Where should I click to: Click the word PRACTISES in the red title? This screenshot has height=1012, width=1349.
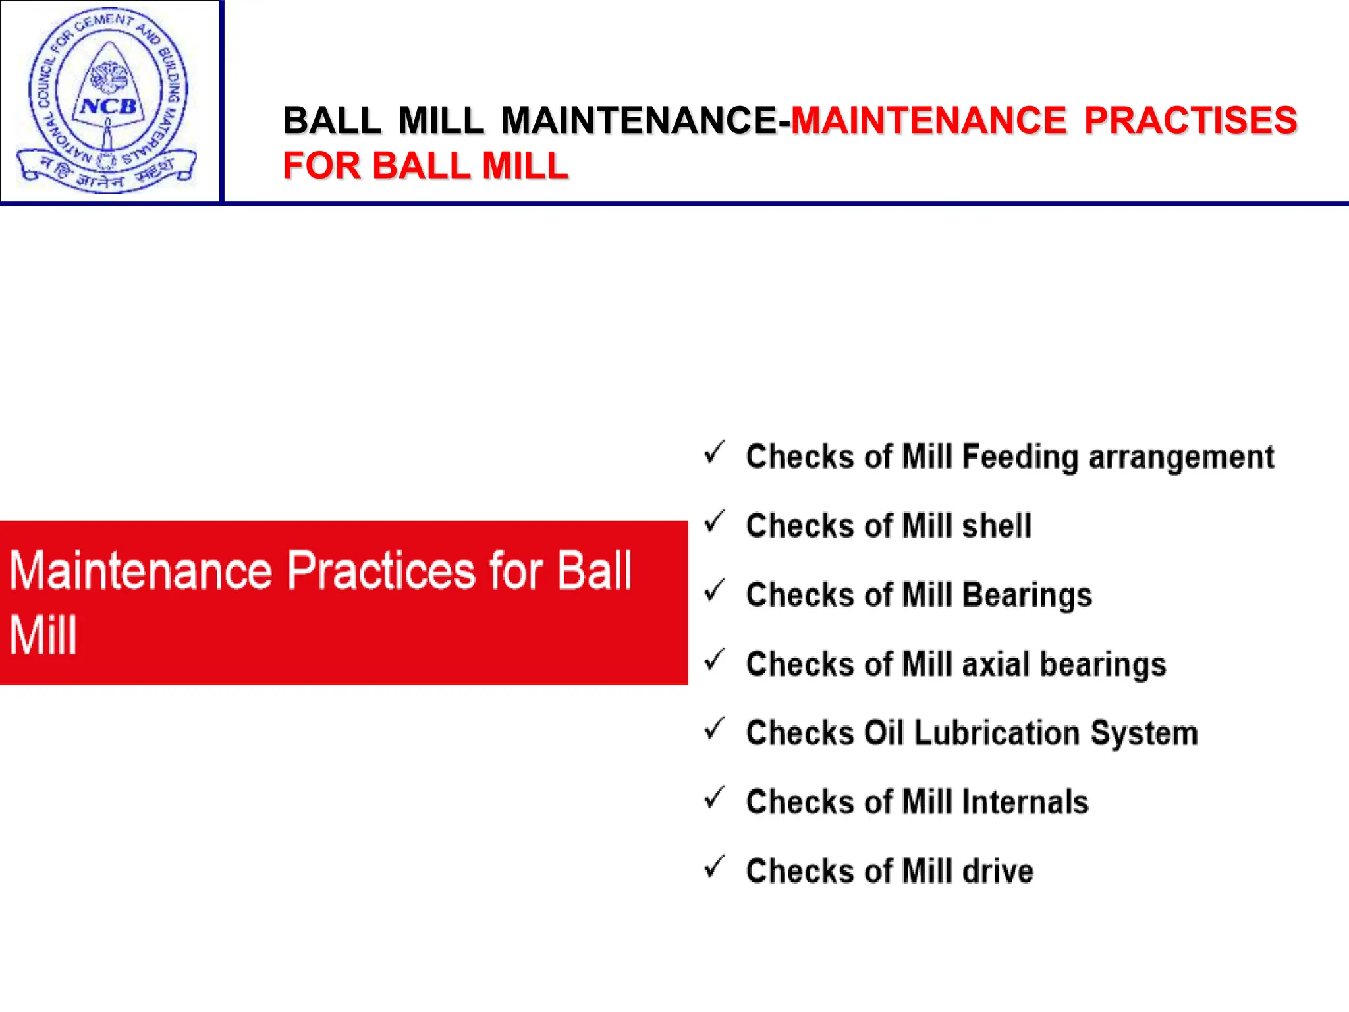(x=1190, y=121)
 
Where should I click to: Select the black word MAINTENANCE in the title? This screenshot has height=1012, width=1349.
(x=638, y=121)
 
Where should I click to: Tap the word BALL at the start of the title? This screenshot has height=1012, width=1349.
(x=332, y=121)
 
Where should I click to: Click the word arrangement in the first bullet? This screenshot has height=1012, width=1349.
(x=1182, y=457)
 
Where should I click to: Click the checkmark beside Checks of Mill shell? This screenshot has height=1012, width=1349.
(x=715, y=522)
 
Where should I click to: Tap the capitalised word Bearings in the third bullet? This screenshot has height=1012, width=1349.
(x=1027, y=595)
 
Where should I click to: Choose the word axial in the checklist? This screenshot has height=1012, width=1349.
(x=995, y=663)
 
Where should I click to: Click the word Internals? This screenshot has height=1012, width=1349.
(x=1025, y=802)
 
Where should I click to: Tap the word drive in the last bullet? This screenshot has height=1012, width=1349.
(x=997, y=871)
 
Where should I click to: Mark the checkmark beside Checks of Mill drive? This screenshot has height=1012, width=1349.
(x=715, y=867)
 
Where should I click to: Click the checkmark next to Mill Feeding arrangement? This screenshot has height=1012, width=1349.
(x=715, y=453)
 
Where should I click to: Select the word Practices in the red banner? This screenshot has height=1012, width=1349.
(x=381, y=570)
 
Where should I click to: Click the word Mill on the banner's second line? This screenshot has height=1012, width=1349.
(x=43, y=636)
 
